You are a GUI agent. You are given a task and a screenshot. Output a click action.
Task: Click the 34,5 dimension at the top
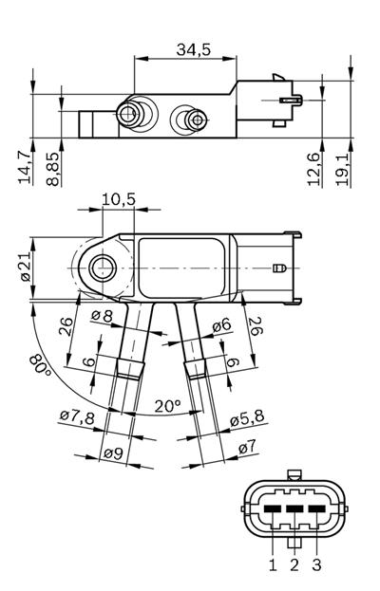point(194,50)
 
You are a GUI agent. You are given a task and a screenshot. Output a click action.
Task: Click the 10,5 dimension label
point(118,198)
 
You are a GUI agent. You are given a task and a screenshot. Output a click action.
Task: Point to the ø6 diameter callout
point(220,324)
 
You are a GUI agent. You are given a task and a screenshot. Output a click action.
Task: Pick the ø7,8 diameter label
point(76,416)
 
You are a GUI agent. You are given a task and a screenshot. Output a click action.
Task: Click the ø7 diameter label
point(246,445)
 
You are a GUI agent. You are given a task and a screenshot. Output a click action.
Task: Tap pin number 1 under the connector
point(273,565)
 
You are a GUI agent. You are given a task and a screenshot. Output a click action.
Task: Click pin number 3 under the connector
point(317,565)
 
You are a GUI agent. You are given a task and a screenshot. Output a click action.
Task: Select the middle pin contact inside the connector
point(294,509)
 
